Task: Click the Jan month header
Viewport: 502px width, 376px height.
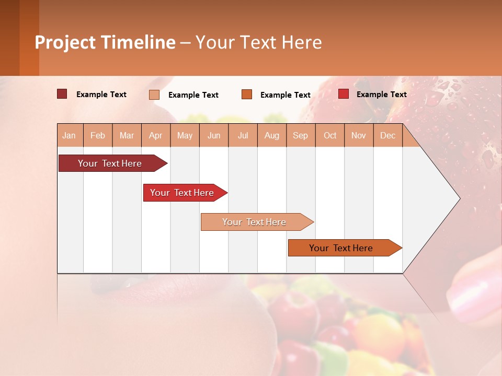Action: [70, 135]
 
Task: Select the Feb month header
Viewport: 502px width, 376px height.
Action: [98, 135]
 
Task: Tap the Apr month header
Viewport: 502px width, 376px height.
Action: [156, 135]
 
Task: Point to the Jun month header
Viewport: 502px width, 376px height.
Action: [214, 135]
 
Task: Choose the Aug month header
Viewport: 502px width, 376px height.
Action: [272, 135]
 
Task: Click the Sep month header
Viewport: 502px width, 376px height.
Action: [301, 135]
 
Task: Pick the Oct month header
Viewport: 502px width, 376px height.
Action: [330, 135]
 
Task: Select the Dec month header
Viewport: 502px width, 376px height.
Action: [388, 135]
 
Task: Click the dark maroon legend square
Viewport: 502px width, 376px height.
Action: [62, 94]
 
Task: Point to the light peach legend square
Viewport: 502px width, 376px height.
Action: [154, 95]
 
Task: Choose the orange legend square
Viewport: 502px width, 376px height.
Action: [247, 95]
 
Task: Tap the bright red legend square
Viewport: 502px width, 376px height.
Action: [343, 94]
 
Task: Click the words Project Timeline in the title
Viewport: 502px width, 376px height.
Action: [105, 42]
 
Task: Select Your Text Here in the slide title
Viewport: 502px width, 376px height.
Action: [259, 42]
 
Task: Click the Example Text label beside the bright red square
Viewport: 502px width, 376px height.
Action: [381, 95]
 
